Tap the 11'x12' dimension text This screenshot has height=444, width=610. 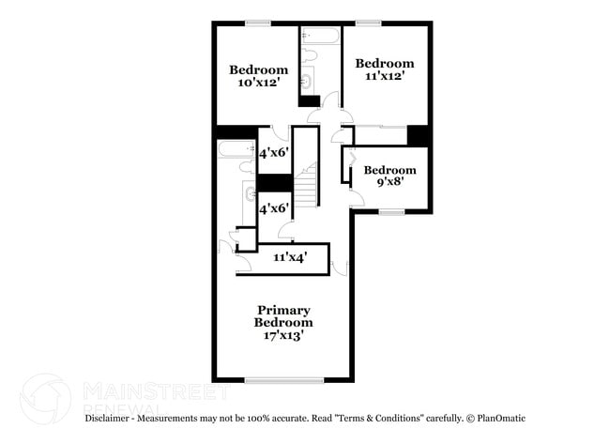click(x=384, y=77)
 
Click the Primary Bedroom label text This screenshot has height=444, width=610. click(x=283, y=316)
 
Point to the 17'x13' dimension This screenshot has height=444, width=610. click(x=283, y=334)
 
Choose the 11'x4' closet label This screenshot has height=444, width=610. click(x=290, y=257)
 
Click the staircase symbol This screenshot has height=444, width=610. click(x=308, y=179)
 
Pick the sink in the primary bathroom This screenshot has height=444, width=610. click(x=249, y=195)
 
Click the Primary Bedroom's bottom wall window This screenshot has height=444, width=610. click(x=284, y=380)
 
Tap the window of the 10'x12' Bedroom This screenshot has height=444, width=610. click(x=258, y=23)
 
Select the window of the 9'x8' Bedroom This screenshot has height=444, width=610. click(x=391, y=212)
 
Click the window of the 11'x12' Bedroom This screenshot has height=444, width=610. click(x=368, y=23)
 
